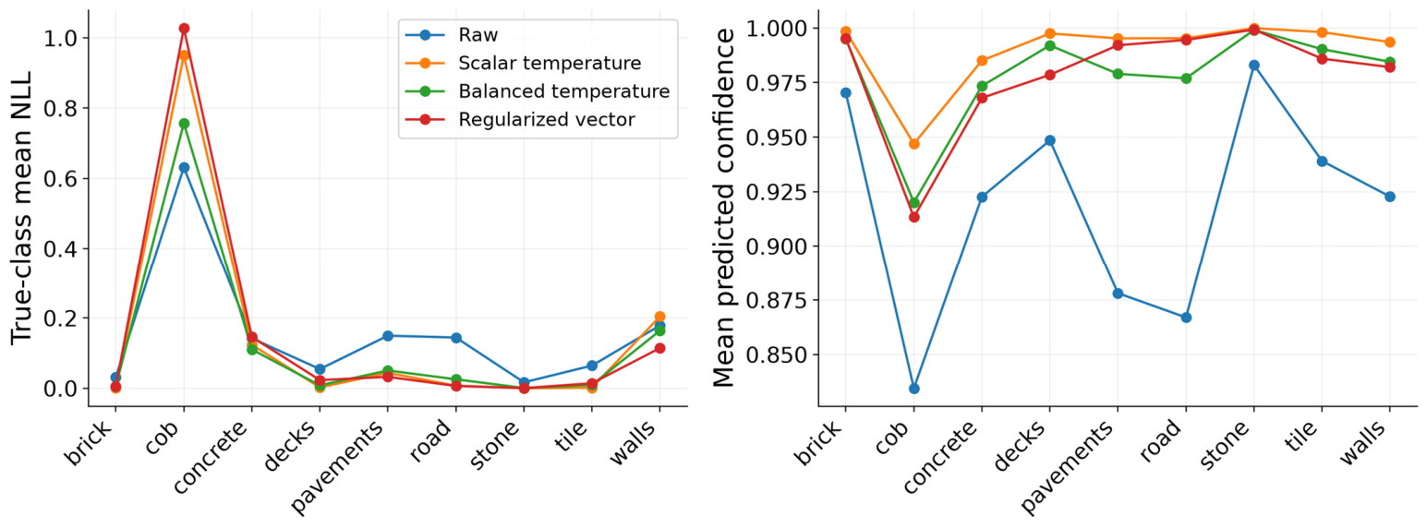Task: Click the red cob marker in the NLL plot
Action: pos(184,29)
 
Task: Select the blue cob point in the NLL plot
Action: pos(184,167)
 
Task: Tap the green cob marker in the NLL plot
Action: pos(184,124)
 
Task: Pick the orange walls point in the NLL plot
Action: pos(660,317)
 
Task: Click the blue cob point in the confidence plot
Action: pos(914,389)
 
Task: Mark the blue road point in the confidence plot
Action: pos(1186,318)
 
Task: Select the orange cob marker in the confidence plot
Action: pos(914,144)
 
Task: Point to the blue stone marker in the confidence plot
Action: pos(1254,66)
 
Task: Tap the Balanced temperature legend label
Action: pos(563,91)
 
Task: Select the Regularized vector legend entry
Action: pos(547,120)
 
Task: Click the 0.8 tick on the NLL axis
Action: pos(58,108)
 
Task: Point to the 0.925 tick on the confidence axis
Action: pos(773,192)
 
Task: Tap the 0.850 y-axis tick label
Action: pos(773,354)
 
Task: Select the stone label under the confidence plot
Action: pos(1224,445)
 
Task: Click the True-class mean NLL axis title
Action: pos(21,208)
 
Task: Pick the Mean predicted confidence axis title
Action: pos(723,208)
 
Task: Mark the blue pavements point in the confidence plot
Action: pos(1118,294)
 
